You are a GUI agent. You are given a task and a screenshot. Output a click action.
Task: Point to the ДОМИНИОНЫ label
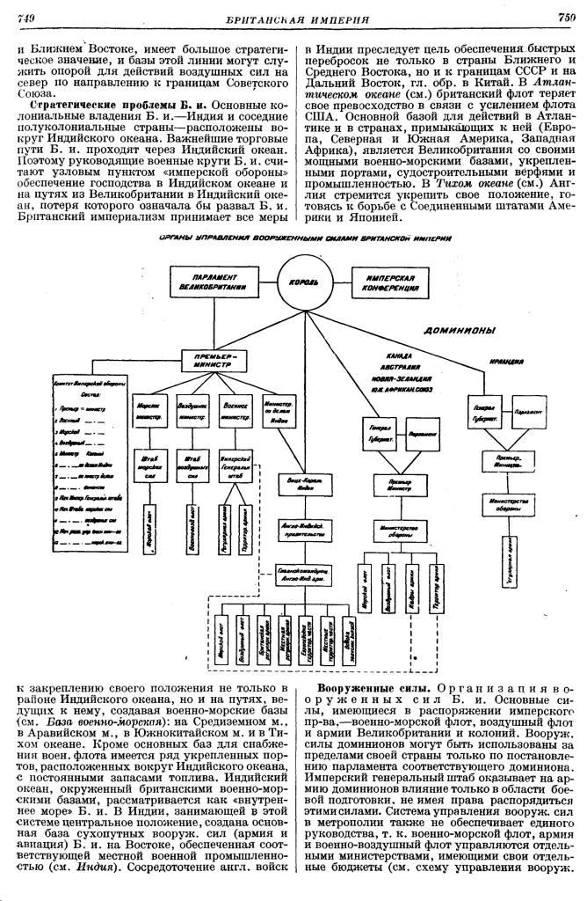pos(460,331)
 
